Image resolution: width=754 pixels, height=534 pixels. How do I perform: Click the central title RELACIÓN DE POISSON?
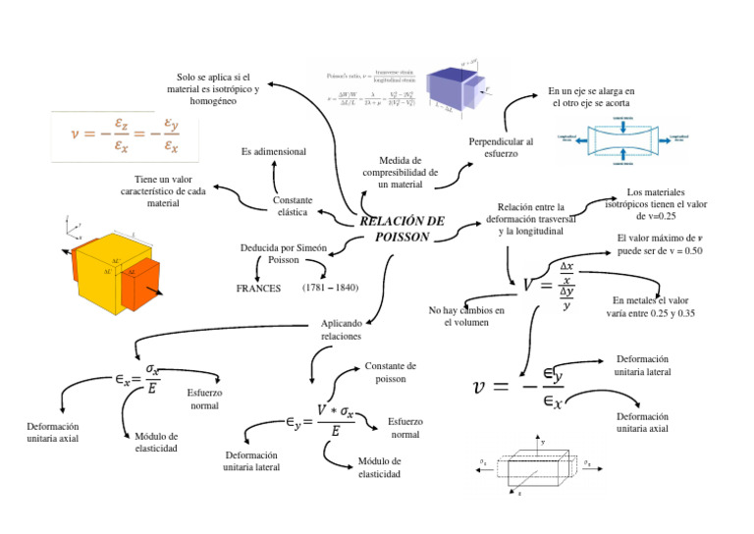pyautogui.click(x=403, y=229)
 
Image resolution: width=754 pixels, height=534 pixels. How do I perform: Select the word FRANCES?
pyautogui.click(x=258, y=289)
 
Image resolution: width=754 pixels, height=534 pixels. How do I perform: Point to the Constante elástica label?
pyautogui.click(x=293, y=206)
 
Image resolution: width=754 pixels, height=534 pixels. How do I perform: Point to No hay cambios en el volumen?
pyautogui.click(x=466, y=316)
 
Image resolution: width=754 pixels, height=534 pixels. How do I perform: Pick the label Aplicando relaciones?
pyautogui.click(x=341, y=329)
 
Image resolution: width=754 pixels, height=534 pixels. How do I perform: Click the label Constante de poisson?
pyautogui.click(x=390, y=372)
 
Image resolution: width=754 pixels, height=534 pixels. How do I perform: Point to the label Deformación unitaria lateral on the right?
pyautogui.click(x=642, y=366)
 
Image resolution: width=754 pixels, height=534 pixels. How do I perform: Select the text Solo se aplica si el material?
pyautogui.click(x=213, y=88)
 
